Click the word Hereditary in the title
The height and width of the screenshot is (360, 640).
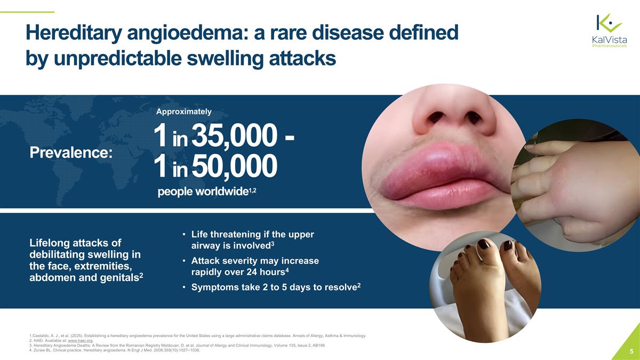[x=73, y=34]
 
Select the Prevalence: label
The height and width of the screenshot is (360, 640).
[x=71, y=153]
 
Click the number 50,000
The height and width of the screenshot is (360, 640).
[x=234, y=166]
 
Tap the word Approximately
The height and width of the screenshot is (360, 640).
[x=183, y=111]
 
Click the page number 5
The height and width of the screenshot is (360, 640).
[x=631, y=351]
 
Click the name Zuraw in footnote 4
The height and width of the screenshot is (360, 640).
[x=38, y=351]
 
